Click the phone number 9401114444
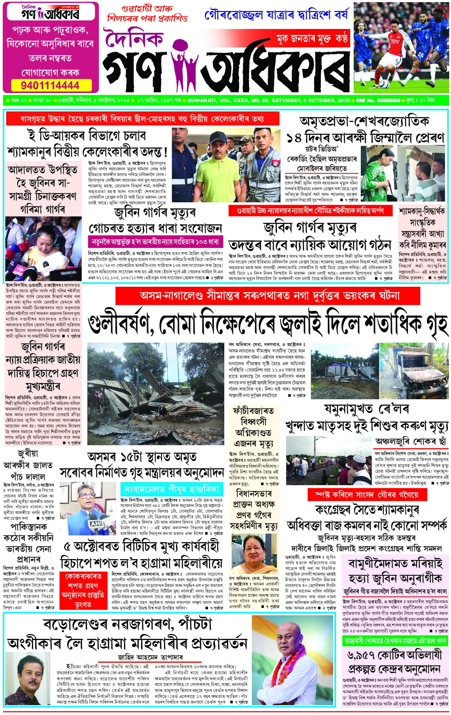click(50, 86)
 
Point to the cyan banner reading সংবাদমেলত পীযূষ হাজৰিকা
click(171, 490)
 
